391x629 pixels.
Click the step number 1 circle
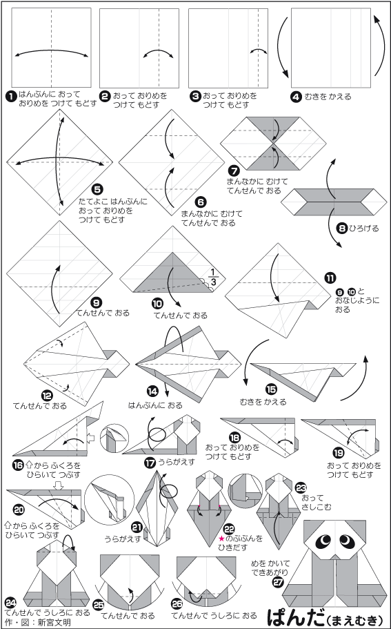[x=11, y=96]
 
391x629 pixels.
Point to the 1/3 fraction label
[x=213, y=278]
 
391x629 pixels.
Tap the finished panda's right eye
[x=346, y=541]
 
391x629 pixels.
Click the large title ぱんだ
[x=296, y=616]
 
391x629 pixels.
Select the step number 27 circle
[x=276, y=582]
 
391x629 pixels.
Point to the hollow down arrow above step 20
[x=59, y=485]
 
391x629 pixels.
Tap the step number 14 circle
[x=152, y=391]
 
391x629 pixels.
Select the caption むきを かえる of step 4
[x=328, y=97]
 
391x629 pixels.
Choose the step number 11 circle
[x=331, y=278]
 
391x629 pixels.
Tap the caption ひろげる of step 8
[x=363, y=229]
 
